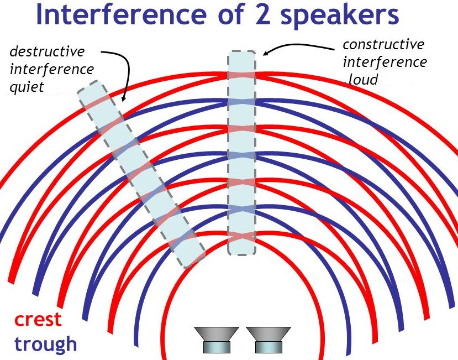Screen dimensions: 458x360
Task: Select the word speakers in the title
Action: pyautogui.click(x=339, y=16)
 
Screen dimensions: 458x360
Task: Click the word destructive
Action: pyautogui.click(x=47, y=52)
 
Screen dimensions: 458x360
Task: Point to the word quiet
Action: pyautogui.click(x=27, y=87)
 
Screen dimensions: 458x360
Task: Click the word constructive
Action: pyautogui.click(x=383, y=45)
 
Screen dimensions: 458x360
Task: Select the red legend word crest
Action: pyautogui.click(x=38, y=319)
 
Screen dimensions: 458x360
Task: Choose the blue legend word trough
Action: pyautogui.click(x=45, y=345)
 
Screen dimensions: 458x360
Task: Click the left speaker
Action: pyautogui.click(x=217, y=340)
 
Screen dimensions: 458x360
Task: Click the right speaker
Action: pyautogui.click(x=269, y=340)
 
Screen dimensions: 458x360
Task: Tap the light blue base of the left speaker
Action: pyautogui.click(x=217, y=347)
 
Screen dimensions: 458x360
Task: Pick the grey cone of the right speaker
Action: pyautogui.click(x=269, y=334)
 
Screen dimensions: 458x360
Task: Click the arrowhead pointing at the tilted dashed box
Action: pyautogui.click(x=124, y=98)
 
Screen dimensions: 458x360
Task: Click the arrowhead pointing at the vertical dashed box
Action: pyautogui.click(x=266, y=53)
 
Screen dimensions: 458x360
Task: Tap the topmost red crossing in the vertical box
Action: pyautogui.click(x=241, y=75)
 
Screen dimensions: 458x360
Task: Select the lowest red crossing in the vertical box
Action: pyautogui.click(x=241, y=236)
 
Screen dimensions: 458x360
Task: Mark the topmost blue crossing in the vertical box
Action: pyautogui.click(x=241, y=102)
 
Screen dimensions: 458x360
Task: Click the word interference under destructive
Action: pyautogui.click(x=52, y=70)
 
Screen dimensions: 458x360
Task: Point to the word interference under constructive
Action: pyautogui.click(x=385, y=62)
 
